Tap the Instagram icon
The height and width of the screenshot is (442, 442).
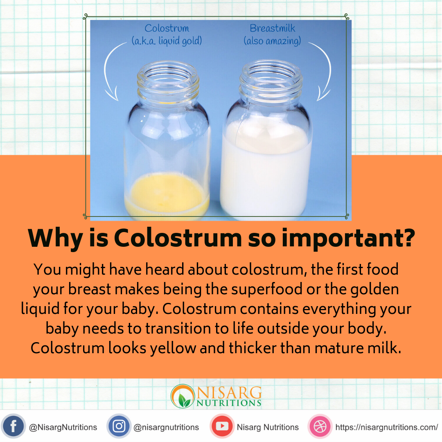[119, 426]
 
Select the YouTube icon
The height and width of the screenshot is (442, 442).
[222, 426]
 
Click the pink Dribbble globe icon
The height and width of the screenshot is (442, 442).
[320, 426]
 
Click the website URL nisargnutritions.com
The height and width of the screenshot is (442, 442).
[387, 427]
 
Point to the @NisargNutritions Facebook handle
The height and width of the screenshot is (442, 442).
[63, 427]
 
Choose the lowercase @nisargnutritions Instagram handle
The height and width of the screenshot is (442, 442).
[166, 427]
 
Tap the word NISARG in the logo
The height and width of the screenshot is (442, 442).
[229, 392]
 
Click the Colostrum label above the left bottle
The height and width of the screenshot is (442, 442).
[167, 29]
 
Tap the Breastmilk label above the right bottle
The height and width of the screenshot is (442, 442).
[272, 29]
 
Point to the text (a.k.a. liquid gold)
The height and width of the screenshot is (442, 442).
[167, 41]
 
